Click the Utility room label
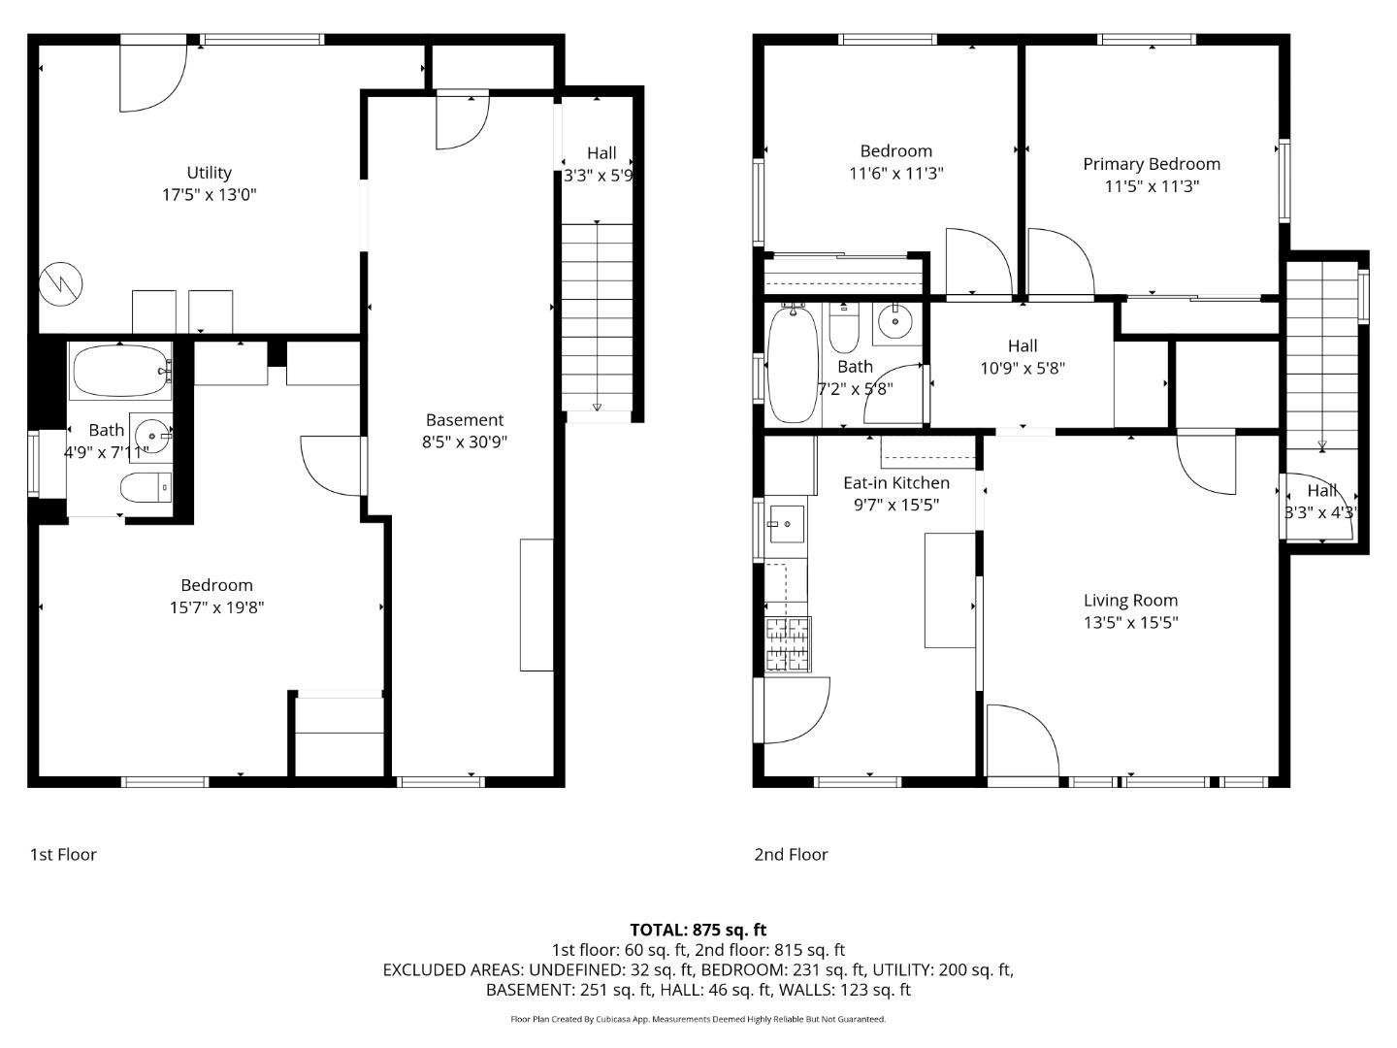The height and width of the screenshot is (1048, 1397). pyautogui.click(x=209, y=173)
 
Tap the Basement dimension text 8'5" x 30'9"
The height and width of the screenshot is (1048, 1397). pyautogui.click(x=465, y=442)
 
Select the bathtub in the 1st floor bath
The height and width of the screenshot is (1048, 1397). pyautogui.click(x=120, y=371)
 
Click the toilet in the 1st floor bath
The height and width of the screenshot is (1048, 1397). pyautogui.click(x=146, y=486)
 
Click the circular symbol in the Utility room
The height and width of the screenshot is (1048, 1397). pyautogui.click(x=60, y=284)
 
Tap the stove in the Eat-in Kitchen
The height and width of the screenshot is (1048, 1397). pyautogui.click(x=788, y=644)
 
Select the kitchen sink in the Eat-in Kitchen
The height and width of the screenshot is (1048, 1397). pyautogui.click(x=786, y=525)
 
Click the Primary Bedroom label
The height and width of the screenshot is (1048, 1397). pyautogui.click(x=1152, y=164)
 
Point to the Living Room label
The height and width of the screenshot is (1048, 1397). pyautogui.click(x=1130, y=601)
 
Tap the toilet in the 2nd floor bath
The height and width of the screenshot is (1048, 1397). pyautogui.click(x=844, y=330)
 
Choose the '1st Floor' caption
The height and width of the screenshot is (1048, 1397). pyautogui.click(x=63, y=855)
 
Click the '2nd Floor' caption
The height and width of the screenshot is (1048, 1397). pyautogui.click(x=791, y=855)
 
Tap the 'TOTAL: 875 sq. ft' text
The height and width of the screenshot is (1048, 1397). pyautogui.click(x=698, y=930)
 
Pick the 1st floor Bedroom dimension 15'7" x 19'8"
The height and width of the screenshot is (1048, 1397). pyautogui.click(x=216, y=608)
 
